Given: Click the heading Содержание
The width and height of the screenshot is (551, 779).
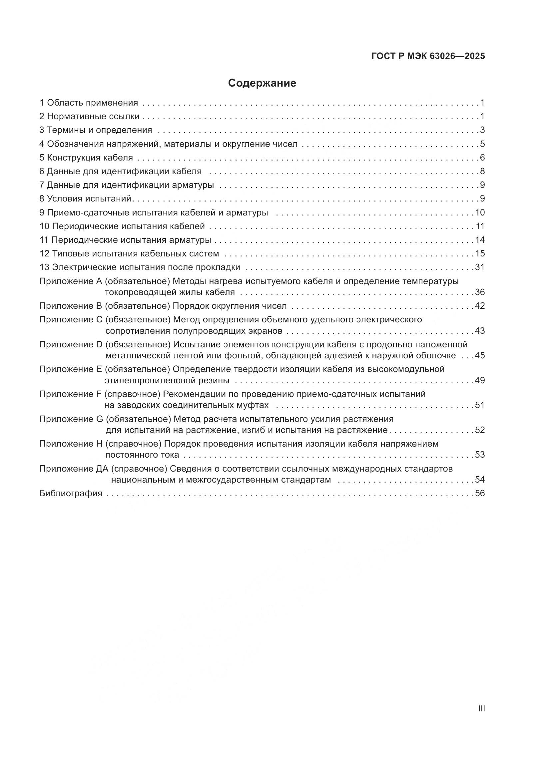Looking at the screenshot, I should tap(262, 83).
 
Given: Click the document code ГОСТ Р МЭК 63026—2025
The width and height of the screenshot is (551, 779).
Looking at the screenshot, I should tap(428, 56).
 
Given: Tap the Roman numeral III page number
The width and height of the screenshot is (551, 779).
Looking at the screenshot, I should tap(481, 709).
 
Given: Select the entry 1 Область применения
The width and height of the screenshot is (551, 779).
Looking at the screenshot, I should tap(89, 103).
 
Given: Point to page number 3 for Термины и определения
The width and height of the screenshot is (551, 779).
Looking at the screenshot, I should tap(482, 130).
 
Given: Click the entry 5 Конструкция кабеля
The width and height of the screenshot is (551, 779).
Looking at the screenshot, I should tap(86, 158).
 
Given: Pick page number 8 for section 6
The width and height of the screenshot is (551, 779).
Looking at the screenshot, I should tap(482, 171).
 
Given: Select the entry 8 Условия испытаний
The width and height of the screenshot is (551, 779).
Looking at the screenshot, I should tap(86, 199).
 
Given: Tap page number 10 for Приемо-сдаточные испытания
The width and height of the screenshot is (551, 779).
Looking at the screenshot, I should tap(480, 213).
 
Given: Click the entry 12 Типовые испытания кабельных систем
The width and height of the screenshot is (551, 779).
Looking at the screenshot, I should tap(129, 254).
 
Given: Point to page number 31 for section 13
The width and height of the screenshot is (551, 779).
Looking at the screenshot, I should tap(480, 267).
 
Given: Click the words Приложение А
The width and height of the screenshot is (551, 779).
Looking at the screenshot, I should tap(71, 281).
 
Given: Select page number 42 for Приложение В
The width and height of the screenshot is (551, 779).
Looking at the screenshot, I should tap(480, 306).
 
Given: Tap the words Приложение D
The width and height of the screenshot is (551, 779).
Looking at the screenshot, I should tap(71, 345).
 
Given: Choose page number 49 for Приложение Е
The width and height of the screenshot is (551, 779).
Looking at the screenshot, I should tap(480, 381).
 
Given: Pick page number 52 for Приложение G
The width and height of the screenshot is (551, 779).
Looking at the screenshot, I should tap(480, 430).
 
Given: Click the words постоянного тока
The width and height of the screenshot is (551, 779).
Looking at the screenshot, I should tap(142, 455).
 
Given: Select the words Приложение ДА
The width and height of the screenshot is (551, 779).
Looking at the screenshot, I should tap(74, 469).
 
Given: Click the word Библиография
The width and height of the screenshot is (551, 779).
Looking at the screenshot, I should tap(71, 494).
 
